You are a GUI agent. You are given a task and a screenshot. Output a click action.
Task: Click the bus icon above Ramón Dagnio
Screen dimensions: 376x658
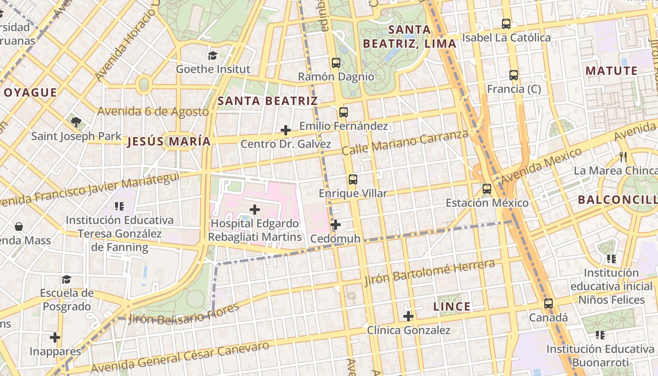(x=336, y=63)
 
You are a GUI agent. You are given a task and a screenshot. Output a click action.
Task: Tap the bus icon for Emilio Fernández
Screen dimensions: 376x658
(x=344, y=112)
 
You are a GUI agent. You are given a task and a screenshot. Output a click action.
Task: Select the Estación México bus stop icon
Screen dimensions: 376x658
(x=487, y=189)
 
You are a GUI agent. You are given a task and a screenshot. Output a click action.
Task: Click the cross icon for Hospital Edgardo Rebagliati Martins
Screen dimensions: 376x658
(x=255, y=210)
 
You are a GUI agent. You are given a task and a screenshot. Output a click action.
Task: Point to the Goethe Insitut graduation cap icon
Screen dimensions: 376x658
(x=213, y=55)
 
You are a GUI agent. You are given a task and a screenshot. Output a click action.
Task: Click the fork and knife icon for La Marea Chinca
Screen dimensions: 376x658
(x=623, y=157)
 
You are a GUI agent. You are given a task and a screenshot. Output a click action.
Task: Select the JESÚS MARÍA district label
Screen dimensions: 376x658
(x=169, y=141)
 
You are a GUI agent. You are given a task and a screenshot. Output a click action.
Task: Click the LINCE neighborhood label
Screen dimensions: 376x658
(x=452, y=307)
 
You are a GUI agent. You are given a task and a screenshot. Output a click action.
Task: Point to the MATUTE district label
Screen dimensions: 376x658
(x=611, y=71)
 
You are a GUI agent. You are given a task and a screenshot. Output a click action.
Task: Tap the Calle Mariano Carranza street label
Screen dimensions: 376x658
(x=405, y=143)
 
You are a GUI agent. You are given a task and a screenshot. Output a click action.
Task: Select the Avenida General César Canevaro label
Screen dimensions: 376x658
(x=180, y=358)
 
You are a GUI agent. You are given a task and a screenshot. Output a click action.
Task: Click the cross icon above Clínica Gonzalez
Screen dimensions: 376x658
(x=408, y=316)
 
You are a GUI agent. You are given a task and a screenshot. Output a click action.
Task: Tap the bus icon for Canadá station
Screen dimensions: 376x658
(x=548, y=304)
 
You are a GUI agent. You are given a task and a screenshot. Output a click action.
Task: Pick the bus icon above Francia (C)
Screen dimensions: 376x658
(x=514, y=75)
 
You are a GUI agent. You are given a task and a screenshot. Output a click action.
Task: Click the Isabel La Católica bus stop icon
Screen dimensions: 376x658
(x=506, y=23)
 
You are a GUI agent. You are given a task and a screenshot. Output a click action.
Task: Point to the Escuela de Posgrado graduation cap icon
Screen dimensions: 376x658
(x=66, y=279)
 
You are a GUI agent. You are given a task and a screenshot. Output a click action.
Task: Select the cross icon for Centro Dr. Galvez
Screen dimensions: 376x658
(x=285, y=130)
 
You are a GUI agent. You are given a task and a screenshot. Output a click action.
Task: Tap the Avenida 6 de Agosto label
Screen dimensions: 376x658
(x=153, y=111)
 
